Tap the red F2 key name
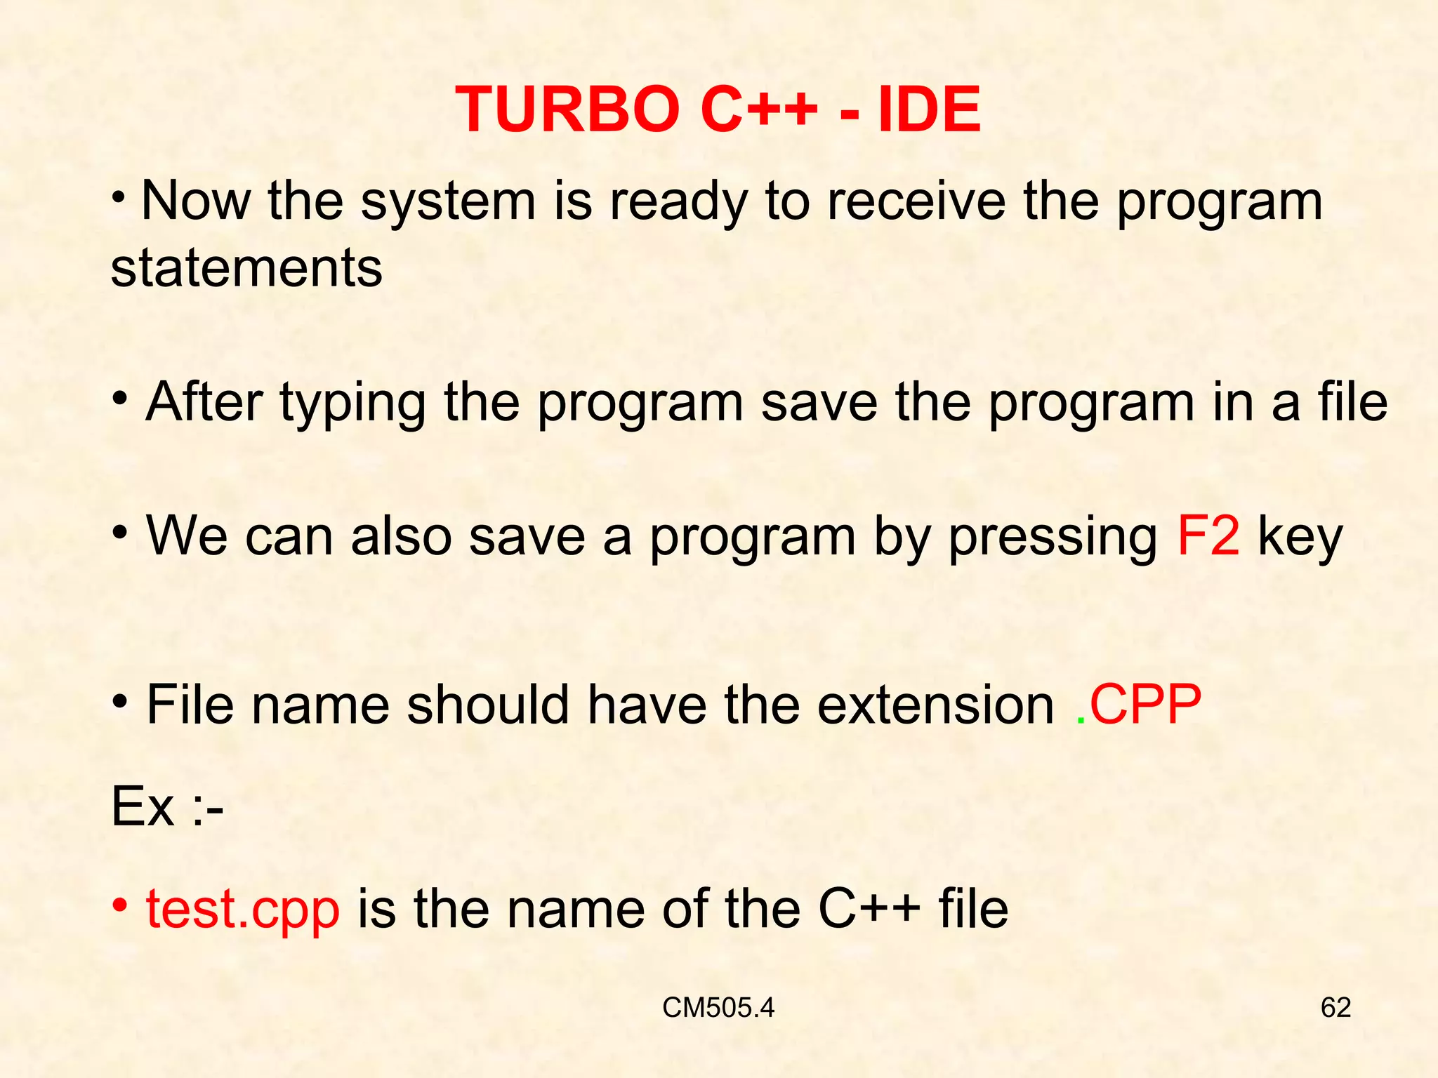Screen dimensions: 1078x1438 coord(1208,537)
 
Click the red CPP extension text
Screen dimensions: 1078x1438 coord(1145,705)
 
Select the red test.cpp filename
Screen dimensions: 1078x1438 coord(243,910)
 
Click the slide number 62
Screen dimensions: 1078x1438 coord(1335,1008)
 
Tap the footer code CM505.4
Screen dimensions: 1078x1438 coord(718,1008)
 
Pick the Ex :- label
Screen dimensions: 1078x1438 coord(167,807)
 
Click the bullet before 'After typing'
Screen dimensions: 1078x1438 coord(120,398)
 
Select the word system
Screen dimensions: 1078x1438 coord(448,202)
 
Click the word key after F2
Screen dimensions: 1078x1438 coord(1300,538)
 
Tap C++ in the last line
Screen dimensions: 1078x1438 coord(869,910)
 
